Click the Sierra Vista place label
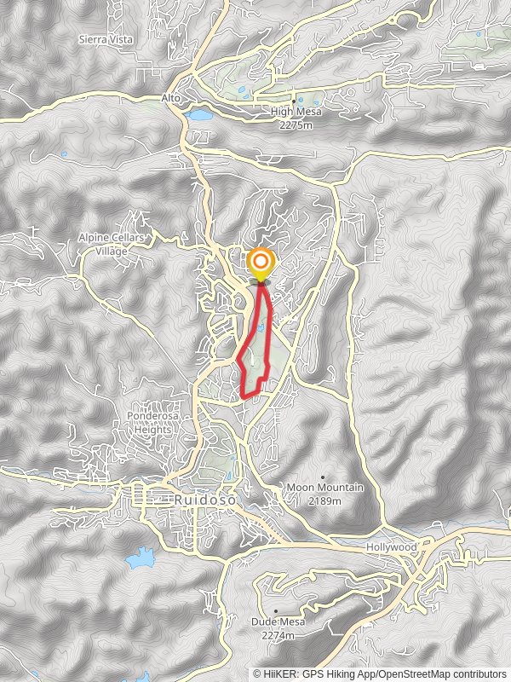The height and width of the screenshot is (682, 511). click(x=102, y=39)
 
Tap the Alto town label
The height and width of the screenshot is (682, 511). click(x=171, y=98)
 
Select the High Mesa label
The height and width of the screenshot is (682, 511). click(x=294, y=112)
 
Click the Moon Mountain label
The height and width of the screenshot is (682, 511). click(x=324, y=488)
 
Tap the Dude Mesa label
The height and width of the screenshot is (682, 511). click(x=278, y=622)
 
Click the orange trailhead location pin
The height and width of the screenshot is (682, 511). click(x=261, y=263)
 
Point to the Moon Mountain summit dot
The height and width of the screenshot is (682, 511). click(x=323, y=477)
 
